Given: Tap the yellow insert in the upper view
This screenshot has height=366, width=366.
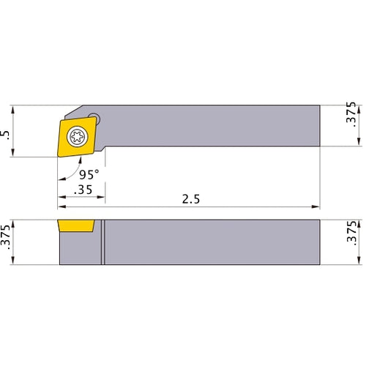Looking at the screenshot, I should [66, 146].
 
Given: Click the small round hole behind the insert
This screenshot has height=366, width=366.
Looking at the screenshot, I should [94, 116].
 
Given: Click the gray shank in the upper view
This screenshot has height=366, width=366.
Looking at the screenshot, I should [212, 125].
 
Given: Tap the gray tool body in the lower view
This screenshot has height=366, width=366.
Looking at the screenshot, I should [212, 242].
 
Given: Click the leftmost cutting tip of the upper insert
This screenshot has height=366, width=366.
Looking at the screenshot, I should [58, 155].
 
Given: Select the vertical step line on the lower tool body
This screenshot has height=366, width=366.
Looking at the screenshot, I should [103, 242].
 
